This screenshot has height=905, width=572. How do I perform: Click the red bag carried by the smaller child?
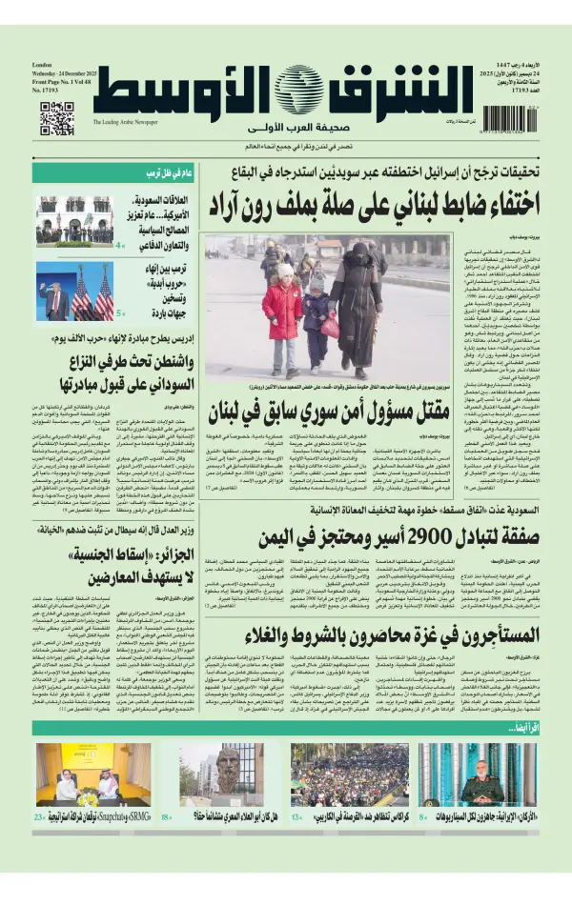[330, 327]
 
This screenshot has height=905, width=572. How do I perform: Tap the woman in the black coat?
[357, 305]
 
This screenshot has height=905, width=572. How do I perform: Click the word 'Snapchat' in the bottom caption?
[103, 817]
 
